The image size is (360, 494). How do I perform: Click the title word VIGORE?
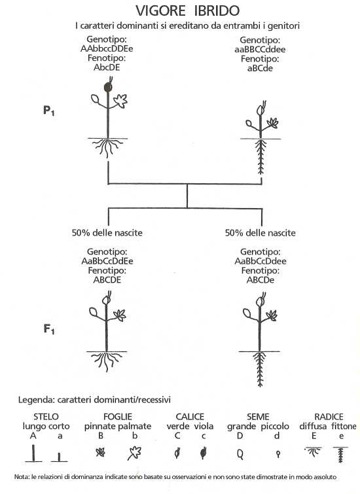point(160,10)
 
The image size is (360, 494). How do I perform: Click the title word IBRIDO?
point(217,10)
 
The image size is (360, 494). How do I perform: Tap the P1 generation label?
point(49,111)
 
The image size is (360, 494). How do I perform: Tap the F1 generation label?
point(49,329)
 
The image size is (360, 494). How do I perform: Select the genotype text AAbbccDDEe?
point(107,49)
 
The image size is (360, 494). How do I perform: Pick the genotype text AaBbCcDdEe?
point(107,261)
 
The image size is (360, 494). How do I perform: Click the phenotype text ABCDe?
point(261,280)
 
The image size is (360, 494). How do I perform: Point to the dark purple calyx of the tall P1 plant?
point(107,86)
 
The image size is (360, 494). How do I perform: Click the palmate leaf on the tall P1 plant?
point(120,101)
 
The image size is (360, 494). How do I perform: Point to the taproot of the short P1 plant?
point(261,156)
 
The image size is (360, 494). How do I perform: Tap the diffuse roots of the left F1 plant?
point(107,361)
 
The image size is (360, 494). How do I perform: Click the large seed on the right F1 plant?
point(247,313)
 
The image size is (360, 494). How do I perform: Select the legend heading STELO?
point(46,417)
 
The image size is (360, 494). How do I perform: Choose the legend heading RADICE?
point(329,417)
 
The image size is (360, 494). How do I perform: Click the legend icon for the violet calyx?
point(204,453)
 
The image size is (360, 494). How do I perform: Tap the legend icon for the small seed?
point(278,454)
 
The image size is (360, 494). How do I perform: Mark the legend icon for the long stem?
point(33,453)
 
